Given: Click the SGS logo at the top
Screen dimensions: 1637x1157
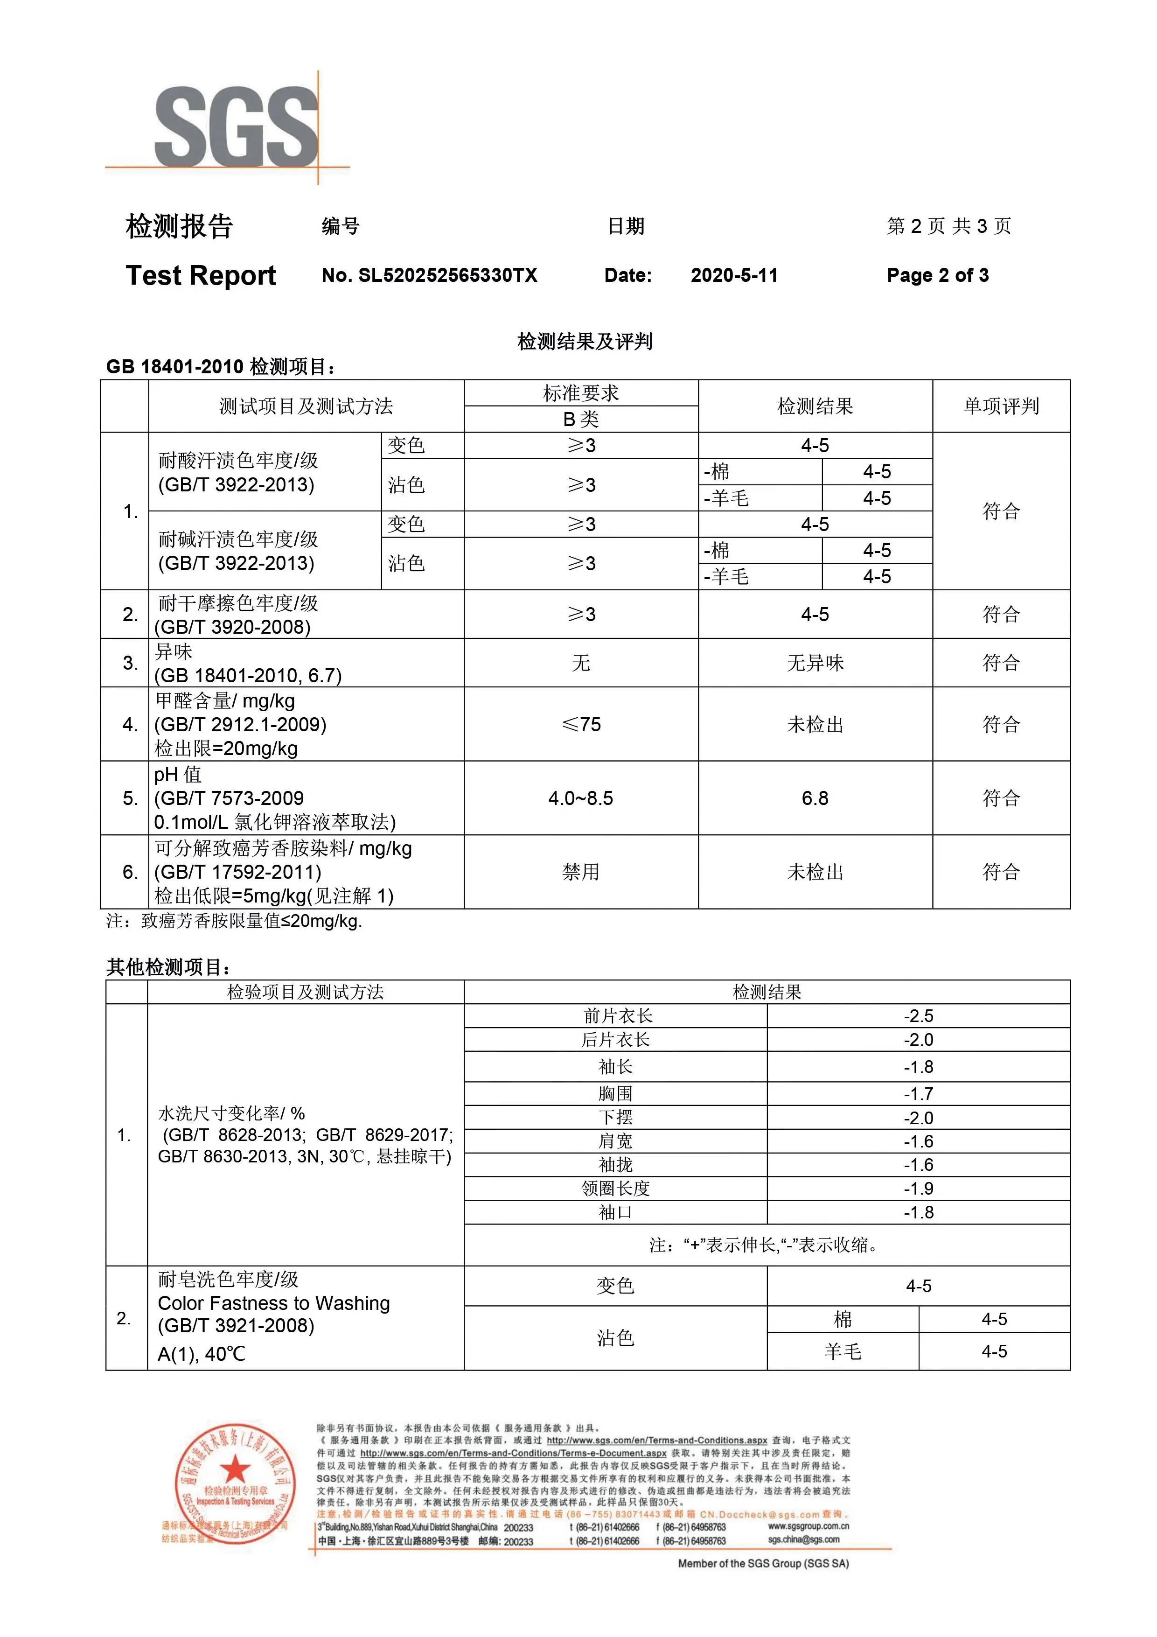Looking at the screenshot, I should (x=235, y=127).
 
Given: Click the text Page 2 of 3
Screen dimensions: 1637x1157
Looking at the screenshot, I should (x=937, y=276).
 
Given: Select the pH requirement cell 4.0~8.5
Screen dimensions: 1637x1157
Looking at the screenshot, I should (x=580, y=798).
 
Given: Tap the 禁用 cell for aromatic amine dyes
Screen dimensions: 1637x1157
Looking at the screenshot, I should (x=580, y=872).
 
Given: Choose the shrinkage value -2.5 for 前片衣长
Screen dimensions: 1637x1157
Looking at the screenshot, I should (x=918, y=1016).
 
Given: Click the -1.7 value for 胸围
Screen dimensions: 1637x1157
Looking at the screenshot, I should (x=918, y=1094).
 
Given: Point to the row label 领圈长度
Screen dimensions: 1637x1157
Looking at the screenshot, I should (x=615, y=1189).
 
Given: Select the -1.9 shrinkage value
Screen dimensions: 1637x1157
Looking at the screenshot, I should (x=918, y=1189).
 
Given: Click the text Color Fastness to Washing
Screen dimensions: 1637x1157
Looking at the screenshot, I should (x=274, y=1303).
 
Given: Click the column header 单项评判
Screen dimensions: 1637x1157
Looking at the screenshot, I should (x=1001, y=406).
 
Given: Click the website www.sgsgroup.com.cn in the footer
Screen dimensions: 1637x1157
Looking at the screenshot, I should (x=808, y=1526).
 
